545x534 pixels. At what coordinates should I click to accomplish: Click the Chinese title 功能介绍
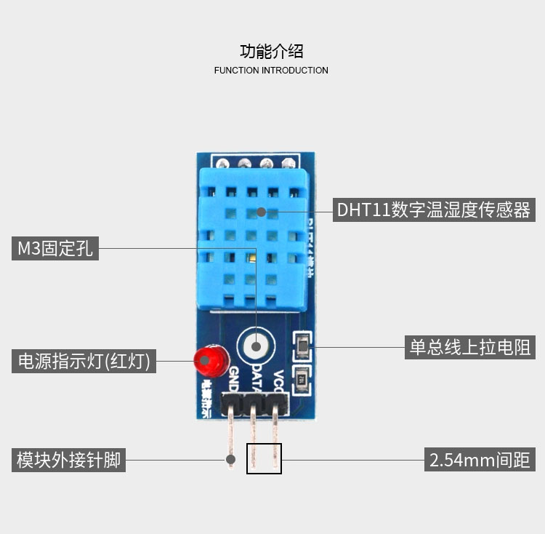[271, 51]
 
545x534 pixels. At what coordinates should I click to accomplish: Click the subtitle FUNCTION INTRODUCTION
[271, 71]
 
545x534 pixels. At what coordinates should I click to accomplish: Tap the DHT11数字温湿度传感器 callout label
[434, 210]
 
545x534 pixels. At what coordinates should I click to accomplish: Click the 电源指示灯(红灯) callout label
[84, 361]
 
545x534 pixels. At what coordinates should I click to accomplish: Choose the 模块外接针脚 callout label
[68, 460]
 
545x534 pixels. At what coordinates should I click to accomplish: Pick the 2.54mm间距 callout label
[480, 460]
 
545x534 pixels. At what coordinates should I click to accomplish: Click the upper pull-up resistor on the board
[302, 347]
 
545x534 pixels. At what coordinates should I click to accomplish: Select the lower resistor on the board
[302, 379]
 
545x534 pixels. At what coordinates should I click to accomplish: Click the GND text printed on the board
[233, 378]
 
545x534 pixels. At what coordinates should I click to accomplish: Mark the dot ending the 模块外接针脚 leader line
[230, 459]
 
